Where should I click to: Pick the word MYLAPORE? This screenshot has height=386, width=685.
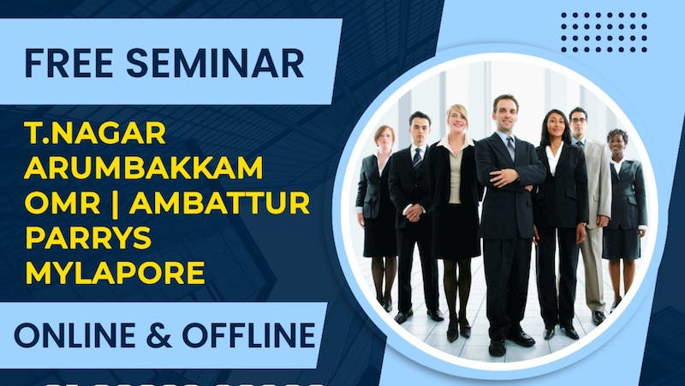coord(116,274)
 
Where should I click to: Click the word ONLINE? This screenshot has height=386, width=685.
coord(81,335)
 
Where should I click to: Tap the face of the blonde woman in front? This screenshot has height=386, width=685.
coord(457,118)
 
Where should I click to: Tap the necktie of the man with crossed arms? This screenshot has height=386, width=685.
coord(510,148)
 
